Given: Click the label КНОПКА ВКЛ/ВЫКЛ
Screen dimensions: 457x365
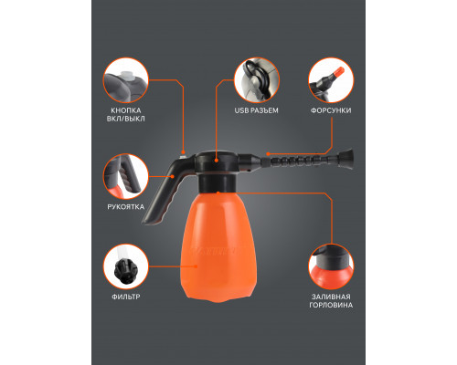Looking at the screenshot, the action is click(126, 114).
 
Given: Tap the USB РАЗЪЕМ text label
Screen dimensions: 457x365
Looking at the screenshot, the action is click(256, 110).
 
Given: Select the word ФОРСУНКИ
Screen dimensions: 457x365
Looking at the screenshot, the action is click(331, 110).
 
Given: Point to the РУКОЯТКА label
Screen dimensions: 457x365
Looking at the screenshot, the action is click(126, 207).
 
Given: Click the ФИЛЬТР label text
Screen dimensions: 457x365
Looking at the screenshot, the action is click(126, 297).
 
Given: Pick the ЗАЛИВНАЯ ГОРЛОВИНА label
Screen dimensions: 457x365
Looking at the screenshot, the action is click(331, 301).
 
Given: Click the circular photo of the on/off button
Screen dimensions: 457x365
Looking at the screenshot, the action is click(126, 80).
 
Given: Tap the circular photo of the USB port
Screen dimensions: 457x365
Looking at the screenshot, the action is click(256, 80).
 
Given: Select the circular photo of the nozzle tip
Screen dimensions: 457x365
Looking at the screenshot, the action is click(331, 80).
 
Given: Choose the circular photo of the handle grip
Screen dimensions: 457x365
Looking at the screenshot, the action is click(126, 176).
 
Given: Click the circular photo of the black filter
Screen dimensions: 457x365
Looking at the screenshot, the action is click(126, 266).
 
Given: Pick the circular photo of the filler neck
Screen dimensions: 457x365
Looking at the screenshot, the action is click(331, 266).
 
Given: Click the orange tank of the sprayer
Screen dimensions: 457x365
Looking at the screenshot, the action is click(218, 246).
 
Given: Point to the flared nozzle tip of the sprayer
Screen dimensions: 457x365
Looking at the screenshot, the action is click(346, 159).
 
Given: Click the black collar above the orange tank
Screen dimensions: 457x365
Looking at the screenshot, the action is click(218, 182).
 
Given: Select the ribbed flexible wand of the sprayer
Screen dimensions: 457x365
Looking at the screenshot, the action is click(300, 159).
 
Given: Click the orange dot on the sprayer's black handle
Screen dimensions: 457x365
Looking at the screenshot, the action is click(173, 176).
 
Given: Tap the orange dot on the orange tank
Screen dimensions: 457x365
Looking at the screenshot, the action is click(196, 266).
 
